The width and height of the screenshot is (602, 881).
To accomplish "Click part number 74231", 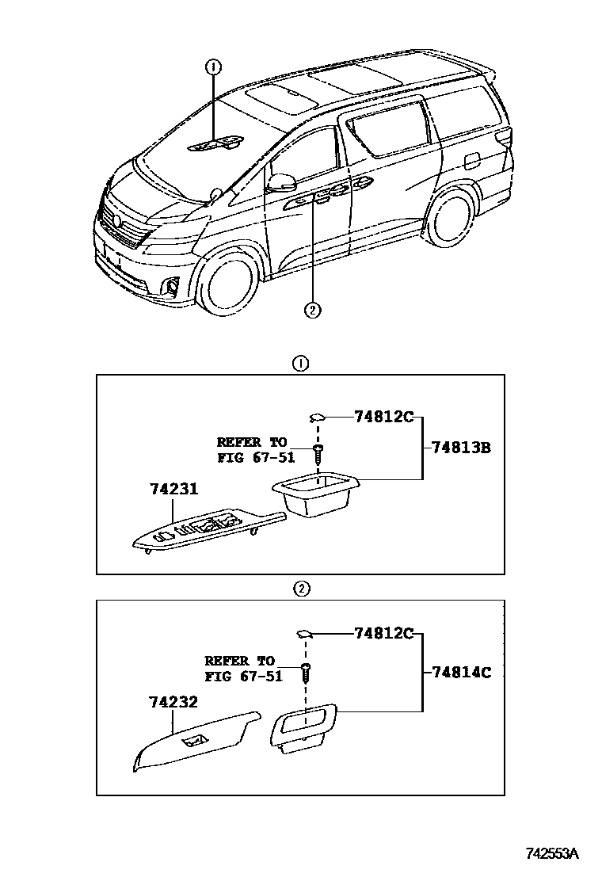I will point(173,490).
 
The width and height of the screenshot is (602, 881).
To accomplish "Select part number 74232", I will point(173,702).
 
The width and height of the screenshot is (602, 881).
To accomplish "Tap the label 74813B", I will point(462,448).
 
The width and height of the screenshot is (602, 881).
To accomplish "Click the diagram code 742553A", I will point(553,853).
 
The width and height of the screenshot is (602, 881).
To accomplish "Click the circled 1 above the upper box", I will point(300,364).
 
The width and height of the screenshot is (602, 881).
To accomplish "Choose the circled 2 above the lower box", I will point(300,589).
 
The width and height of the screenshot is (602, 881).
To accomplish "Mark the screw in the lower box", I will point(305,672).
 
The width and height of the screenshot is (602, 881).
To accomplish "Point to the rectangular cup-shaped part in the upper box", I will point(314,496).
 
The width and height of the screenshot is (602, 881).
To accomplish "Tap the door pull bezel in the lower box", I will point(303,726).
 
